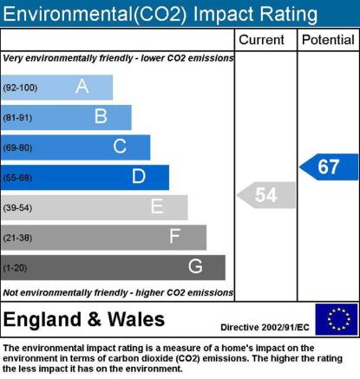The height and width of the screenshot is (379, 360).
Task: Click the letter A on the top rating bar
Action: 82,86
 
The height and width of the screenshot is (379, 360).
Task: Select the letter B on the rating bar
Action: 101,116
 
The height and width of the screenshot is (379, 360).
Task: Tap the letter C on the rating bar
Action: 120,146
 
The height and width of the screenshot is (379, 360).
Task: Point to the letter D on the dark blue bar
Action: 139,176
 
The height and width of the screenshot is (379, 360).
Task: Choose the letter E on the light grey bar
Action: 157,206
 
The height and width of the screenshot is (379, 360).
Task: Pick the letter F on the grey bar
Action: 175,236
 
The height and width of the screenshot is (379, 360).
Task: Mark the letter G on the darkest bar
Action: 195,266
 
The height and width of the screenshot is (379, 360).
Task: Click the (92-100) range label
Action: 20,88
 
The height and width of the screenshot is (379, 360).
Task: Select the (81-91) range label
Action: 17,118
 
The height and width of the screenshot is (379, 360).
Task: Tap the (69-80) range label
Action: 17,147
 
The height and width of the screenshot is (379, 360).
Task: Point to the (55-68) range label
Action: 17,178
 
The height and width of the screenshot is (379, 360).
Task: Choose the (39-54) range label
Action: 17,207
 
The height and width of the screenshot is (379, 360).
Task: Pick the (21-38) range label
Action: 17,238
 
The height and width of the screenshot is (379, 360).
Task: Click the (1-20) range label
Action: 15,268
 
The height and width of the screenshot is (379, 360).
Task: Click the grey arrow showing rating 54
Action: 266,195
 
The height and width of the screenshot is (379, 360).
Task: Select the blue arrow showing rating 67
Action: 329,167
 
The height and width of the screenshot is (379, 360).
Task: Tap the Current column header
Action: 261,40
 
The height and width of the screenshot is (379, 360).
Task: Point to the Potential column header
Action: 328,40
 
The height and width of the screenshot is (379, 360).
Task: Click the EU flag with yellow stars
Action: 337,319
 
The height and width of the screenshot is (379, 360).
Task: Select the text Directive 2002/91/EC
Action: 265,327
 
